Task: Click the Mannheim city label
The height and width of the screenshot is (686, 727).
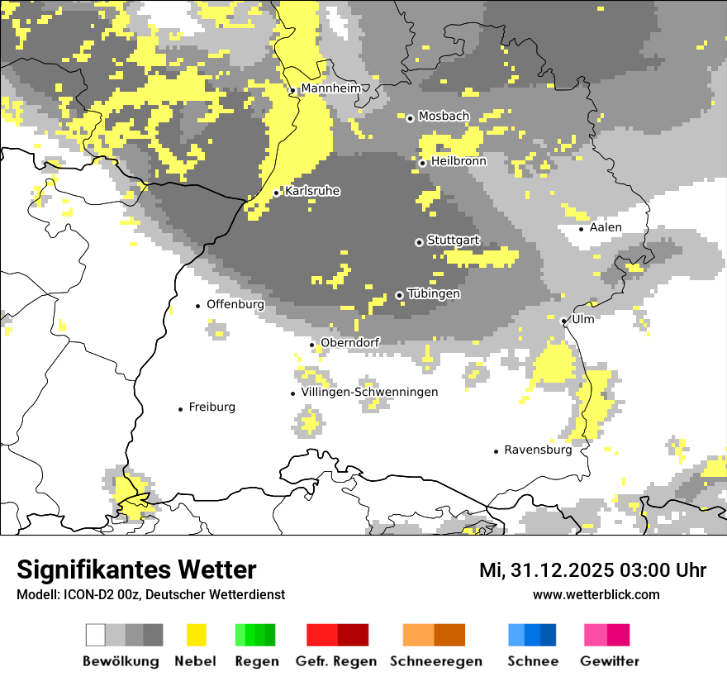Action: coord(330,88)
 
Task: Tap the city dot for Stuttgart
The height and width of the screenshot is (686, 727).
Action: coord(419,242)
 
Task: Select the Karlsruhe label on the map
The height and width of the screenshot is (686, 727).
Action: coord(312,191)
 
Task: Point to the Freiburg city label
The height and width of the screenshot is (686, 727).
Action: coord(211,407)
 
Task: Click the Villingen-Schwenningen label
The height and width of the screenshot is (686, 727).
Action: coord(369,393)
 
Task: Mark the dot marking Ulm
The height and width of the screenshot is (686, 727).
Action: coord(563,321)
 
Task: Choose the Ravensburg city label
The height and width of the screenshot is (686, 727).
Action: coord(538,450)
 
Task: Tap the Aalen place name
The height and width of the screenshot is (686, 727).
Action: coord(606,227)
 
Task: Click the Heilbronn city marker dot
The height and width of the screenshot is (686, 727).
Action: coord(422,163)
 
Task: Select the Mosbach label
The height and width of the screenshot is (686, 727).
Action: coord(444,117)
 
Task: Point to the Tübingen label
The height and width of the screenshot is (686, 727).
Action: coord(434,294)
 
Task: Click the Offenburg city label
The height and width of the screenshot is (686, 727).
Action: coord(235,304)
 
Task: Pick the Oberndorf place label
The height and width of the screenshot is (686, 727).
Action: coord(349,343)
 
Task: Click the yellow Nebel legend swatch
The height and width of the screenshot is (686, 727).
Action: coord(197,635)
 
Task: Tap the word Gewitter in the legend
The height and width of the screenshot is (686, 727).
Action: coord(610,661)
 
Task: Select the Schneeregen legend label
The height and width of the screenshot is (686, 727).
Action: coord(436,661)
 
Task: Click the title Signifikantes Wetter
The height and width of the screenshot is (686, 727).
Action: coord(136,569)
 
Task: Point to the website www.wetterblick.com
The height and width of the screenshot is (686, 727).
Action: coord(596,594)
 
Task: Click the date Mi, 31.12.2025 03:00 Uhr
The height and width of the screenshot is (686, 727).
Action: coord(592,570)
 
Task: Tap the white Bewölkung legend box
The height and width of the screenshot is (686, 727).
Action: coord(96,635)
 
